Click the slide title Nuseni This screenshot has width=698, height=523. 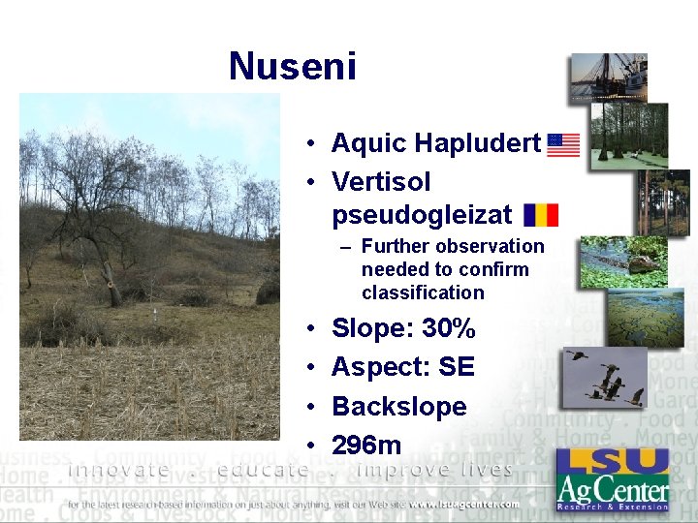tap(293, 67)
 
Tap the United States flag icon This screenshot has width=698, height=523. tap(563, 145)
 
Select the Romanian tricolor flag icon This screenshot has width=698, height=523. tap(540, 215)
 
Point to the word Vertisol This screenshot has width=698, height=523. tap(381, 181)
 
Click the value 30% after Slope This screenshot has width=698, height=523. tap(449, 328)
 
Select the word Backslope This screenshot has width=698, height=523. tap(398, 406)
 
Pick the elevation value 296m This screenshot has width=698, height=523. tap(365, 445)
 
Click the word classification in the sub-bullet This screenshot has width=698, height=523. tap(422, 292)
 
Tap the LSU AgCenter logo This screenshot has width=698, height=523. tap(612, 478)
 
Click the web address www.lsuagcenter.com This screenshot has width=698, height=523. tap(462, 504)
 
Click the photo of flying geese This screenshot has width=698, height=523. tap(604, 377)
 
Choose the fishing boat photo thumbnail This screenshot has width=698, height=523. tap(609, 77)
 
